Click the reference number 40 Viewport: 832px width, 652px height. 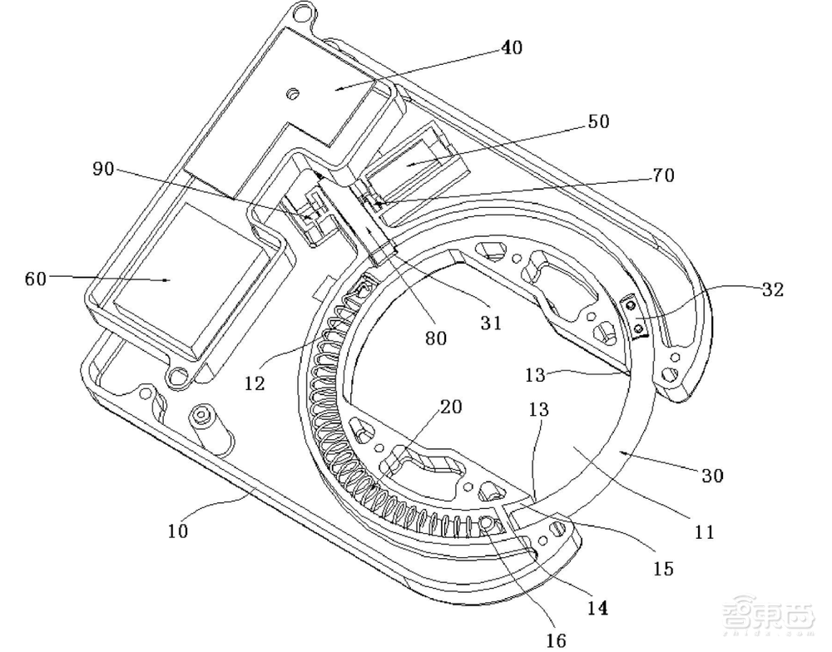tap(512, 48)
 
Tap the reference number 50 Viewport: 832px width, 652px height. tap(598, 121)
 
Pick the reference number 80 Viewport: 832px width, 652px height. tap(436, 338)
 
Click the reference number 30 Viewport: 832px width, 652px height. tap(712, 476)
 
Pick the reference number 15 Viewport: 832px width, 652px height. tap(663, 569)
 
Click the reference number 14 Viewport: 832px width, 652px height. tap(597, 608)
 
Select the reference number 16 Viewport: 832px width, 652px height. tap(556, 639)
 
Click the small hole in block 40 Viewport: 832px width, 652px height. tap(291, 93)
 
